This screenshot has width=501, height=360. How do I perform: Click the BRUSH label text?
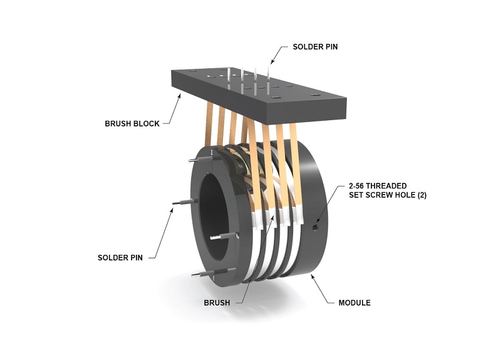[x=217, y=302]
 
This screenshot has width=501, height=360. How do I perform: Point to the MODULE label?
[x=354, y=302]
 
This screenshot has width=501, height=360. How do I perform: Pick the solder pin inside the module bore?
[x=224, y=237]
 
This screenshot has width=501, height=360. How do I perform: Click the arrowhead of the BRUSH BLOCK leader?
[x=182, y=95]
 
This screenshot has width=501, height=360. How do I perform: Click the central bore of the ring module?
[x=216, y=213]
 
